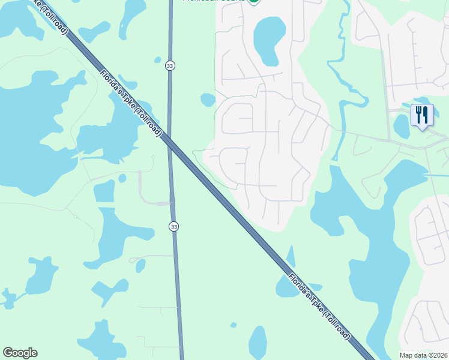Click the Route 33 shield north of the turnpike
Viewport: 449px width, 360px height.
(x=170, y=66)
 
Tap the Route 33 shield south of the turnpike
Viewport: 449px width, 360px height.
(x=173, y=226)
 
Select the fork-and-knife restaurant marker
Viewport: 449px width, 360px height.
(x=422, y=115)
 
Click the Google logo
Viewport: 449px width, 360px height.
(x=20, y=353)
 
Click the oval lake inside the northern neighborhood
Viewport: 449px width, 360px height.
(x=269, y=40)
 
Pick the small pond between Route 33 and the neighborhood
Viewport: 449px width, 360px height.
(x=208, y=100)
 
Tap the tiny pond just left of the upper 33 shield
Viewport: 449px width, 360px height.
(x=158, y=60)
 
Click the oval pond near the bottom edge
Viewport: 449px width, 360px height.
(x=258, y=342)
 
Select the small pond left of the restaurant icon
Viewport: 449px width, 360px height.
(x=401, y=127)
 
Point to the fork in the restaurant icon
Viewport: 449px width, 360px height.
(x=418, y=113)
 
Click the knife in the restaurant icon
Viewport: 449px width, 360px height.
(x=426, y=113)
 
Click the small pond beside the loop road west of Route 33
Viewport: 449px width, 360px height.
(x=122, y=178)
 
